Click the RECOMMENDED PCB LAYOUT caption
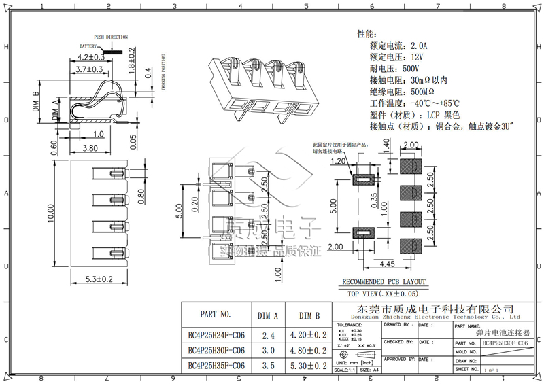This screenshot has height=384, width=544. (x=384, y=282)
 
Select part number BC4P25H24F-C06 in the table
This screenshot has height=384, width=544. (x=216, y=335)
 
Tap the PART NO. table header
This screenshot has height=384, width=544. (x=216, y=315)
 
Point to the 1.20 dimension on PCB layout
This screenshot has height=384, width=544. (x=338, y=162)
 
